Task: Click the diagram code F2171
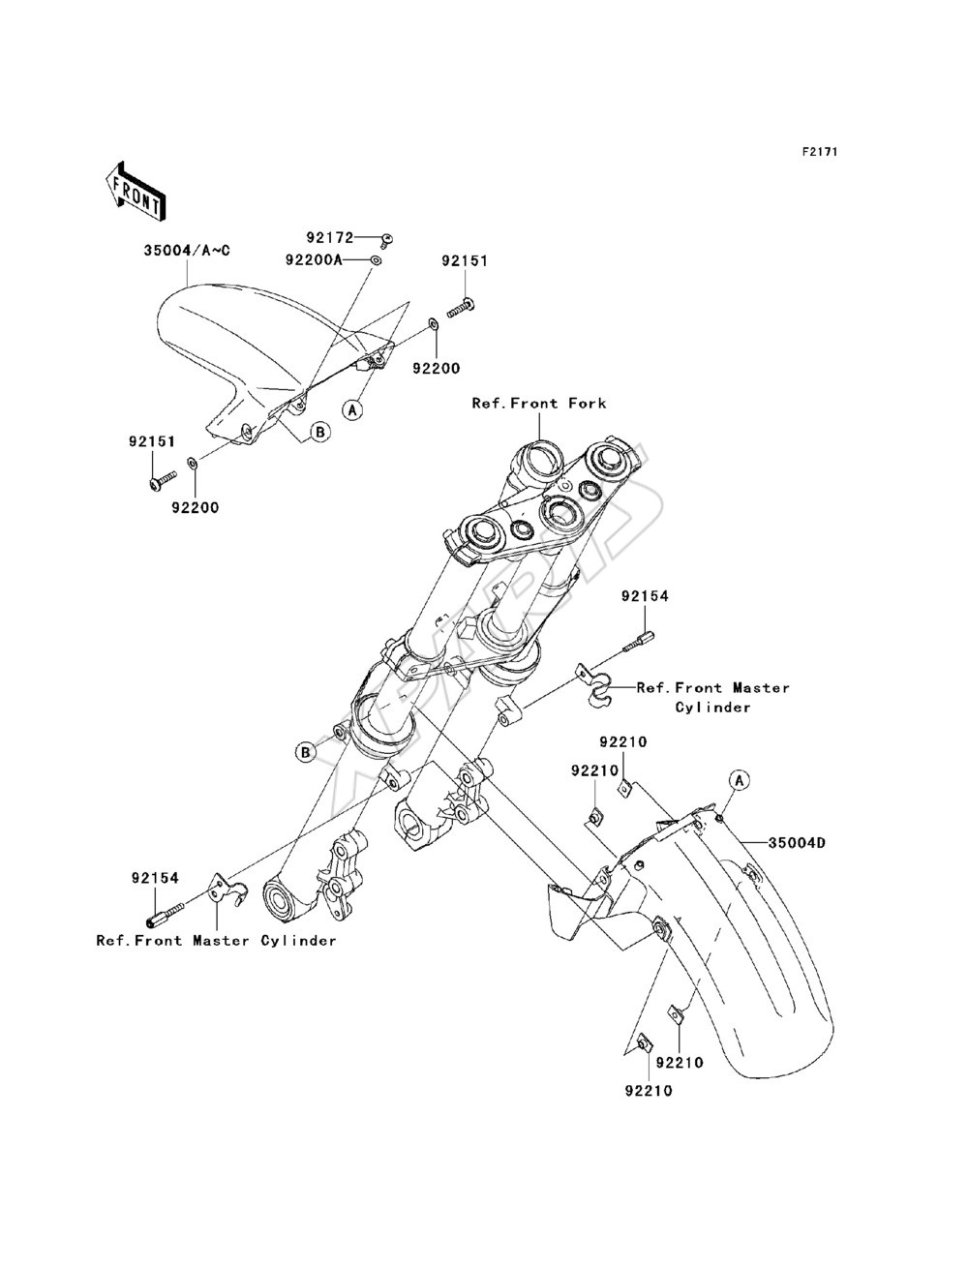click(x=820, y=152)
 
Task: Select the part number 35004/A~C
click(x=187, y=251)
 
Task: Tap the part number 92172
click(x=329, y=237)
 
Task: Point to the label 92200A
click(x=314, y=260)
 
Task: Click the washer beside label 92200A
click(x=377, y=261)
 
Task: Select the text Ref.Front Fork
click(x=539, y=403)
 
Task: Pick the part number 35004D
click(x=796, y=843)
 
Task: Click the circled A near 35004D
click(x=740, y=780)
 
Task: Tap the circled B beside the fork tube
click(x=305, y=752)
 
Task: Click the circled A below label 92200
click(x=352, y=409)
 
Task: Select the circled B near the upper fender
click(x=321, y=432)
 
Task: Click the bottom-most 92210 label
click(x=649, y=1091)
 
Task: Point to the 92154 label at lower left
click(x=155, y=877)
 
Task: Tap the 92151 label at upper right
click(x=465, y=261)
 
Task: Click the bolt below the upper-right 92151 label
click(x=461, y=307)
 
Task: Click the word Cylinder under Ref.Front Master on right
click(x=712, y=708)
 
